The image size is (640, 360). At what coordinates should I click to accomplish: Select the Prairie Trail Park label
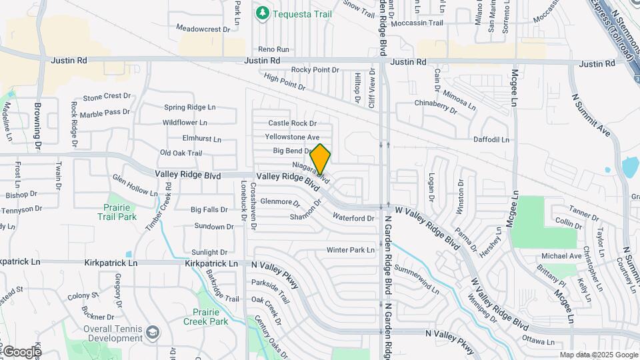click(117, 211)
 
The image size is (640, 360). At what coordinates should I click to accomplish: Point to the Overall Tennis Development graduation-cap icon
click(153, 332)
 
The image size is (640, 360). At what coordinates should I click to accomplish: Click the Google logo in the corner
click(21, 352)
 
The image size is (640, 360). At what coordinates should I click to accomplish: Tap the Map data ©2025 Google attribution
click(599, 355)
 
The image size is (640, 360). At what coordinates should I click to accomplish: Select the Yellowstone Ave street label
click(292, 137)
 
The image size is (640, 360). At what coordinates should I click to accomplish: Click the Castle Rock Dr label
click(292, 123)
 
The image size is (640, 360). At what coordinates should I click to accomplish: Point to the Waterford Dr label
click(353, 218)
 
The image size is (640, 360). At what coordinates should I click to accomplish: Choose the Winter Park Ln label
click(351, 250)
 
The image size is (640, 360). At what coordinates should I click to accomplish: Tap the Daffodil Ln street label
click(491, 140)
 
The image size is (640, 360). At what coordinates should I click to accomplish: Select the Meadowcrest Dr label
click(203, 29)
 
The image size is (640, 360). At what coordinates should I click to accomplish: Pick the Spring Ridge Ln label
click(190, 107)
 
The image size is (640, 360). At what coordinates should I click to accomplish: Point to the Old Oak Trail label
click(181, 153)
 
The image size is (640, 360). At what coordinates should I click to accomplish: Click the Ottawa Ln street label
click(539, 341)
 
